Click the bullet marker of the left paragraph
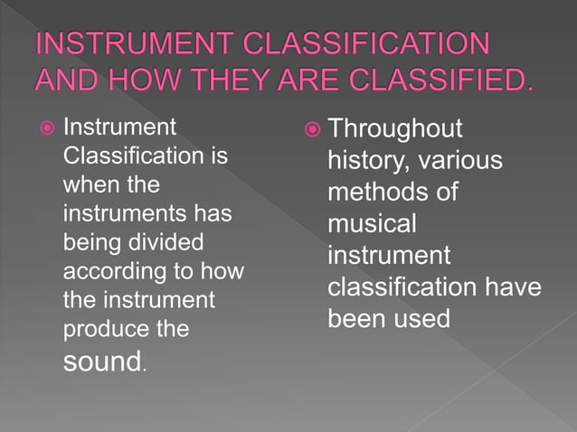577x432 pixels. (43, 129)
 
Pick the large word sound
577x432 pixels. (101, 362)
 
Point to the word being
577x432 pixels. (89, 244)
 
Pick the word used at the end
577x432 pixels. (419, 319)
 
